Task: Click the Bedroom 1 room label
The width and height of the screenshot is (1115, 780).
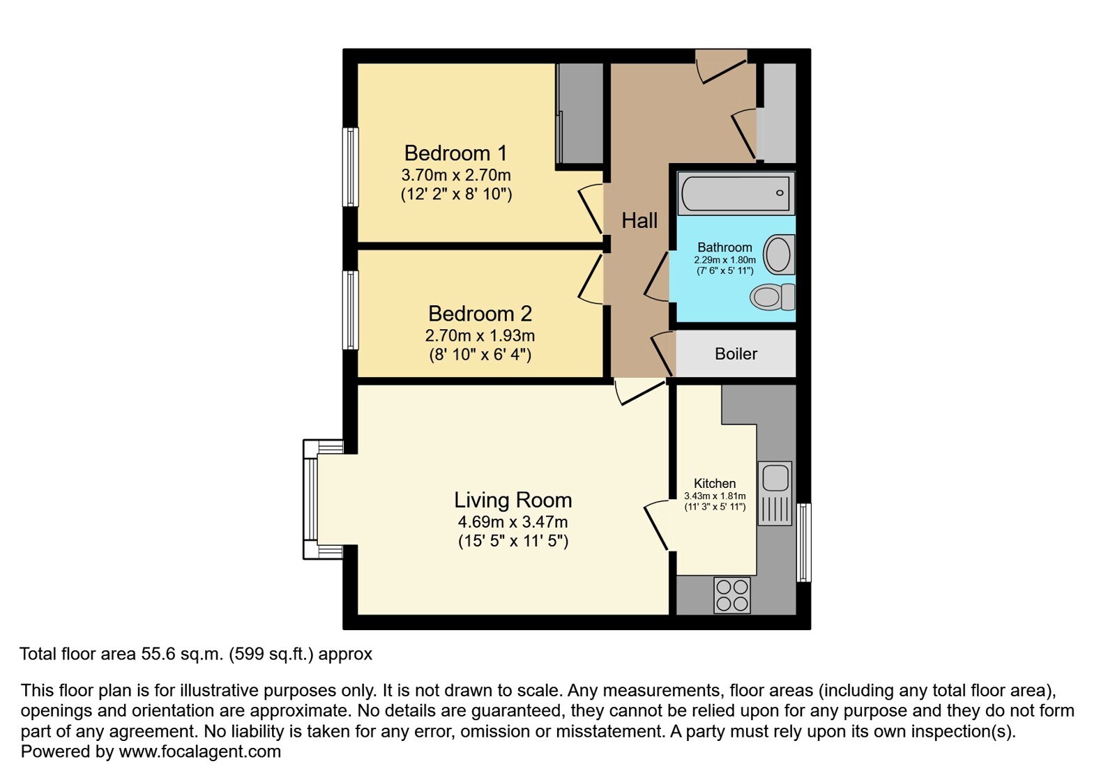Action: coord(455,153)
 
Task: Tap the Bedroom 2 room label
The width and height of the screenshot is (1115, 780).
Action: coord(480,314)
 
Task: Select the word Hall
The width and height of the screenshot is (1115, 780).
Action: coord(639,220)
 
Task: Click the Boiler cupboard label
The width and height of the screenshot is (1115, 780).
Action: coord(736,353)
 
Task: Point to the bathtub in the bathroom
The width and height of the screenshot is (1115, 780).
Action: coord(736,193)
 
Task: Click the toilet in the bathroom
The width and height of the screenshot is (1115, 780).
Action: coord(773,297)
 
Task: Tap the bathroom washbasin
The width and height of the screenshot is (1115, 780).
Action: coord(779,254)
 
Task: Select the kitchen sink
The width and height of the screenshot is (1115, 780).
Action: coord(775,494)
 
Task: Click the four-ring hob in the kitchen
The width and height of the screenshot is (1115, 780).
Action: coord(731,595)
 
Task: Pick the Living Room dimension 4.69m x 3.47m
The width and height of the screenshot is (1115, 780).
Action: coord(513,522)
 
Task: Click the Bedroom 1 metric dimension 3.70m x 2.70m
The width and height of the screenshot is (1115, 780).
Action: coord(456,175)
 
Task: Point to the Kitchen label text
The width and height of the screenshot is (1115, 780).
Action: coord(715,483)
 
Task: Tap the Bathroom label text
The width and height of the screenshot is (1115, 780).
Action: coord(725,247)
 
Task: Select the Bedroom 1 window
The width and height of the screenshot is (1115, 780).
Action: coord(351,167)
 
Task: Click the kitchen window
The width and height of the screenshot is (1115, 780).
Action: coord(804,543)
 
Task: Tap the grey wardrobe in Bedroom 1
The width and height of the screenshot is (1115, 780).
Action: coord(579,114)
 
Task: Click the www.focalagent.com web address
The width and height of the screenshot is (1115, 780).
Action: coord(199,751)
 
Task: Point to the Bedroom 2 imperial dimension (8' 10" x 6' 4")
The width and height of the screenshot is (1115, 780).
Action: coord(480,355)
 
